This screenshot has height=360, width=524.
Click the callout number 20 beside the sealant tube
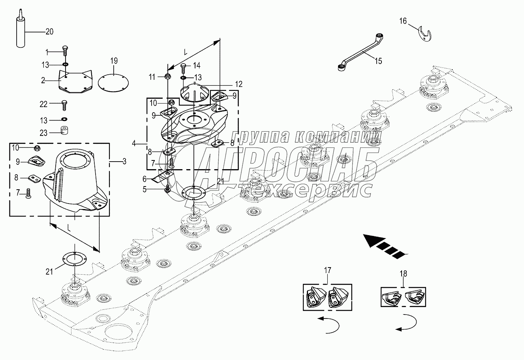point(49,32)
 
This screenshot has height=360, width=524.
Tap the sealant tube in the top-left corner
point(21,28)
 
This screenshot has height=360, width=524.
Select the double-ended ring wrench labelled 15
point(361,52)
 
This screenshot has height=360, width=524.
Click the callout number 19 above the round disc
point(114,61)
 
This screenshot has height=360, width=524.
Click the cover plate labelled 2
point(75,81)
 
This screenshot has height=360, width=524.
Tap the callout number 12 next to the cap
point(239,84)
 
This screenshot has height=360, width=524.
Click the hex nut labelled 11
point(167,76)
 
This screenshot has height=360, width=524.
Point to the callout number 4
point(133,143)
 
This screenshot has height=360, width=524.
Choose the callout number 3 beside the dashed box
point(124,161)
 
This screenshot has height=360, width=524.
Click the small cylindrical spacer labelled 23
point(64,130)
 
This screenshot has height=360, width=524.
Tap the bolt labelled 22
point(64,105)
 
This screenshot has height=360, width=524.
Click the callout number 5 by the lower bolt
point(145,189)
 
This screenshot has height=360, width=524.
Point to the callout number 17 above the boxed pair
point(327,270)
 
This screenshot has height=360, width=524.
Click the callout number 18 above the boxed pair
point(403,273)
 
